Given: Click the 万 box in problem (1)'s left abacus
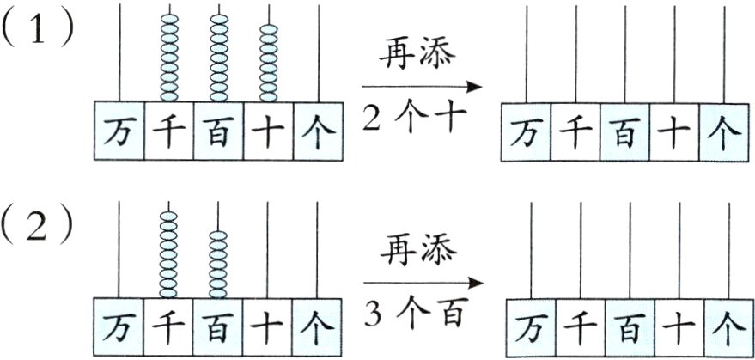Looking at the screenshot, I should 119,130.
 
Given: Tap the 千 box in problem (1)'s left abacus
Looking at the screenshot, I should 168,130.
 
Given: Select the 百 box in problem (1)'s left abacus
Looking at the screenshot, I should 218,130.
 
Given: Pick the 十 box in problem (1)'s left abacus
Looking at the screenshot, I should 268,130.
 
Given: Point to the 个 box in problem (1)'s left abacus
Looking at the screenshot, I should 317,130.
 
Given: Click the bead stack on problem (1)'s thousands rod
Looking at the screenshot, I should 168,57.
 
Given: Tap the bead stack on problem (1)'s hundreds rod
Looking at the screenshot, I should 218,57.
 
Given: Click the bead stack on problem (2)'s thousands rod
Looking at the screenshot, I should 168,250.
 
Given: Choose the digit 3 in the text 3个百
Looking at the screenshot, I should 371,310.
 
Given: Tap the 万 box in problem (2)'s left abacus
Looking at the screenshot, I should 119,325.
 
